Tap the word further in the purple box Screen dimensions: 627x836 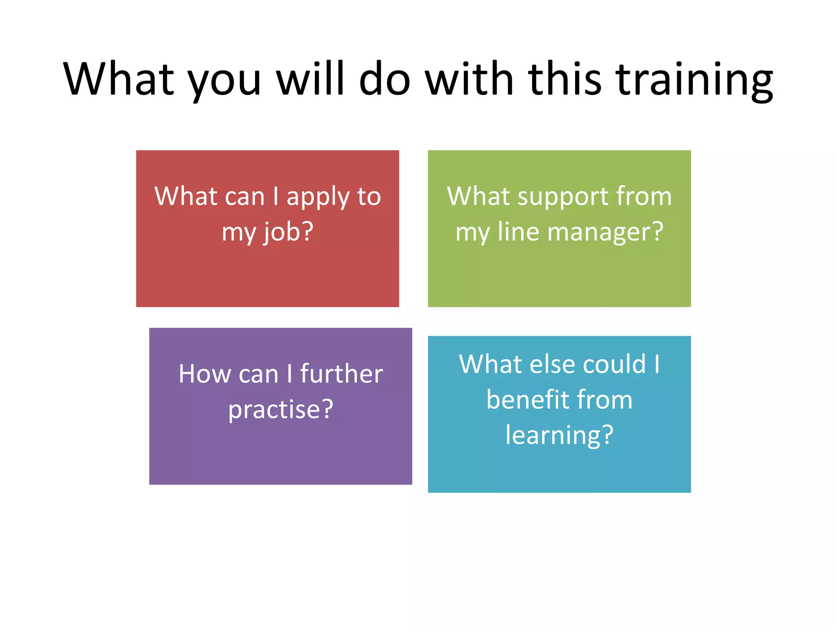click(341, 374)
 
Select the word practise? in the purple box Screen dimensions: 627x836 click(281, 410)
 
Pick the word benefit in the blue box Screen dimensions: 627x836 click(527, 400)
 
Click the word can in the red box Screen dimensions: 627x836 click(245, 197)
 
